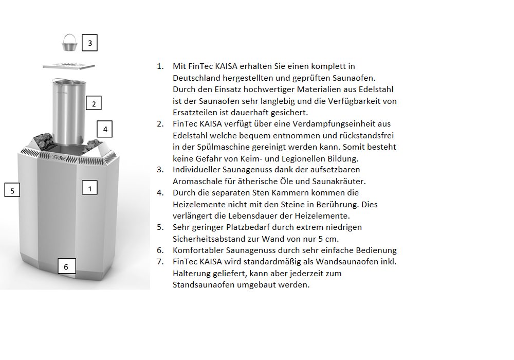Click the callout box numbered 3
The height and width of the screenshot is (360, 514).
pyautogui.click(x=89, y=43)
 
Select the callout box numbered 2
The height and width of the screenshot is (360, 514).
pyautogui.click(x=93, y=103)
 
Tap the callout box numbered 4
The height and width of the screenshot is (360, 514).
pyautogui.click(x=105, y=129)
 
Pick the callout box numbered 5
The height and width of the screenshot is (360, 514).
pyautogui.click(x=12, y=190)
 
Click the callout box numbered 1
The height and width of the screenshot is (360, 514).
pyautogui.click(x=89, y=188)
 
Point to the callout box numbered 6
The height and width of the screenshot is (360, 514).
pyautogui.click(x=66, y=266)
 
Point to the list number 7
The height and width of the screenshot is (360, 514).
pyautogui.click(x=160, y=262)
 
